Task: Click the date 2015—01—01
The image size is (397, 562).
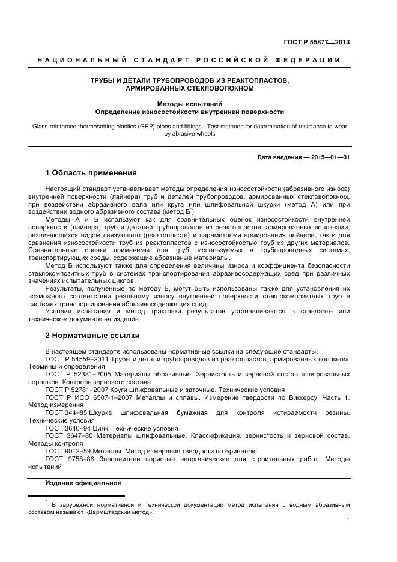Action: pos(329,157)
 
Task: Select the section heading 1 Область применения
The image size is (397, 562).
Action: pos(91,173)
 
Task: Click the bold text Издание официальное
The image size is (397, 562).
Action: pos(83,483)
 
